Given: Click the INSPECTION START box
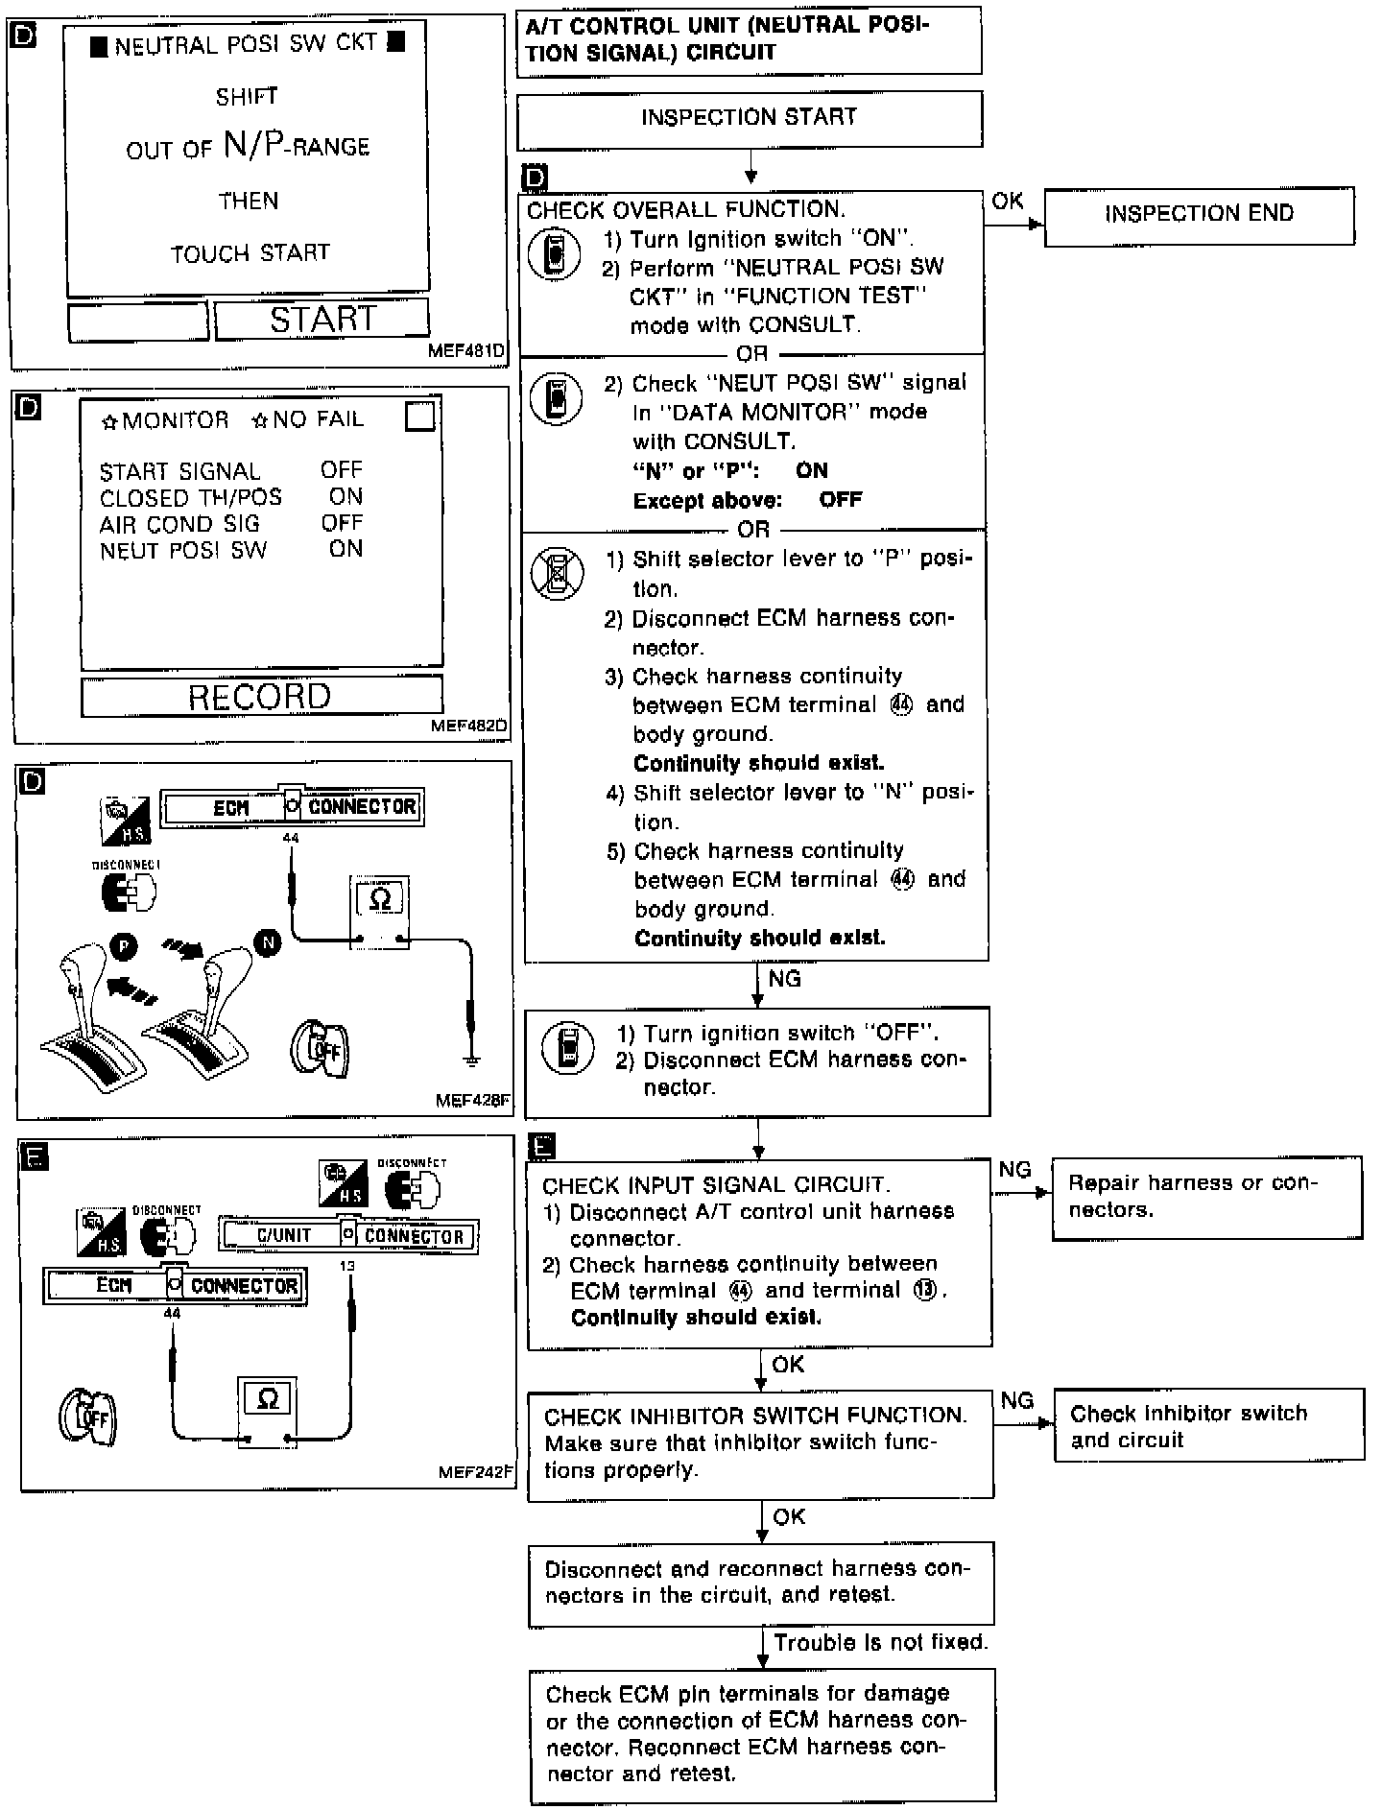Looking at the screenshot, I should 749,118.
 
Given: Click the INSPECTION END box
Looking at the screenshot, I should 1199,214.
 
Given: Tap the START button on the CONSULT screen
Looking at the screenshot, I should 322,320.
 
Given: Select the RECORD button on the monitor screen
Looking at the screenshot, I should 261,696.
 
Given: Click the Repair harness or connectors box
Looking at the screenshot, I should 1206,1197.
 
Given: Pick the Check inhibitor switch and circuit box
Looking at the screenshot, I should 1208,1426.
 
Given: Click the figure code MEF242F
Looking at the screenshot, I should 475,1471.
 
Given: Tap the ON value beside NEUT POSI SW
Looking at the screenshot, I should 345,549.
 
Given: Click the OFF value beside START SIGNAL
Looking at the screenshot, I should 342,470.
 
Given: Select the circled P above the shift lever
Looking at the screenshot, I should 124,945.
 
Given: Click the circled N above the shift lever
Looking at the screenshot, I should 269,942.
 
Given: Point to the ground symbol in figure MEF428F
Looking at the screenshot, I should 471,1060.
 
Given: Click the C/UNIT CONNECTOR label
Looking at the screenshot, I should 349,1235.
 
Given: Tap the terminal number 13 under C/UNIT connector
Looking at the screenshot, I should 347,1266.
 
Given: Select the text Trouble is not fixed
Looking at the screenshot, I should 880,1642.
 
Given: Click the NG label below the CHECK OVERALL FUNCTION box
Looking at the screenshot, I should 784,979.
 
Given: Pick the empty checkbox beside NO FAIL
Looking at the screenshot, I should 420,417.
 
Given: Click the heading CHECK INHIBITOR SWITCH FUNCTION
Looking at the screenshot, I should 755,1416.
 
